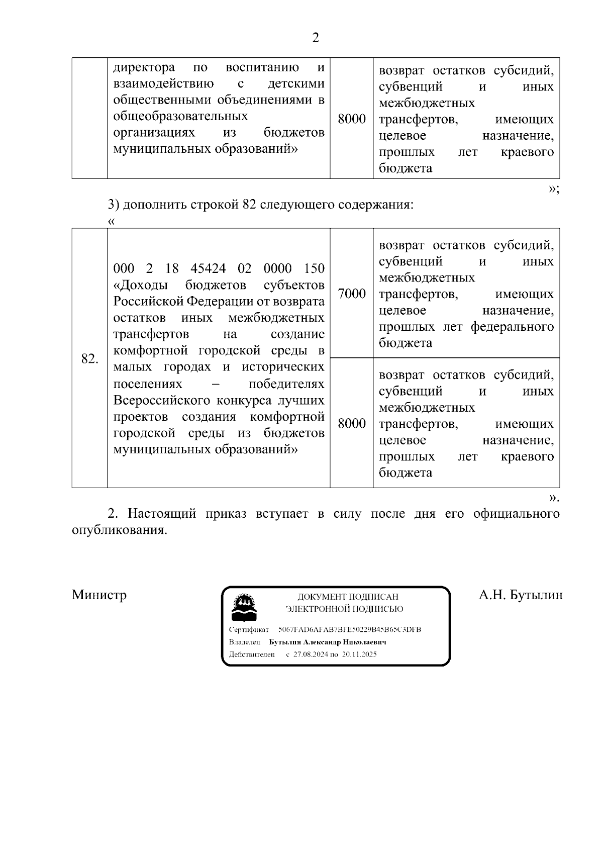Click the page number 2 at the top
tap(315, 38)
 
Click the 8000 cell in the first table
tap(351, 120)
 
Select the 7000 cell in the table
tap(351, 294)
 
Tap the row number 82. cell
tap(89, 359)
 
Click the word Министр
tap(99, 595)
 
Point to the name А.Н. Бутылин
tap(520, 595)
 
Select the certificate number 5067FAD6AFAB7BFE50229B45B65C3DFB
tap(350, 630)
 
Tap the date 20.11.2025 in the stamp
tap(359, 654)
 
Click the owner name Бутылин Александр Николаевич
tap(328, 642)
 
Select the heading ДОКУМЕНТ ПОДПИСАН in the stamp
tap(348, 597)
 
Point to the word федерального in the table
tap(512, 327)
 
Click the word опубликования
tap(119, 530)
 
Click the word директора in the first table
tap(144, 67)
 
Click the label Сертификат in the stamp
tap(249, 630)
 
